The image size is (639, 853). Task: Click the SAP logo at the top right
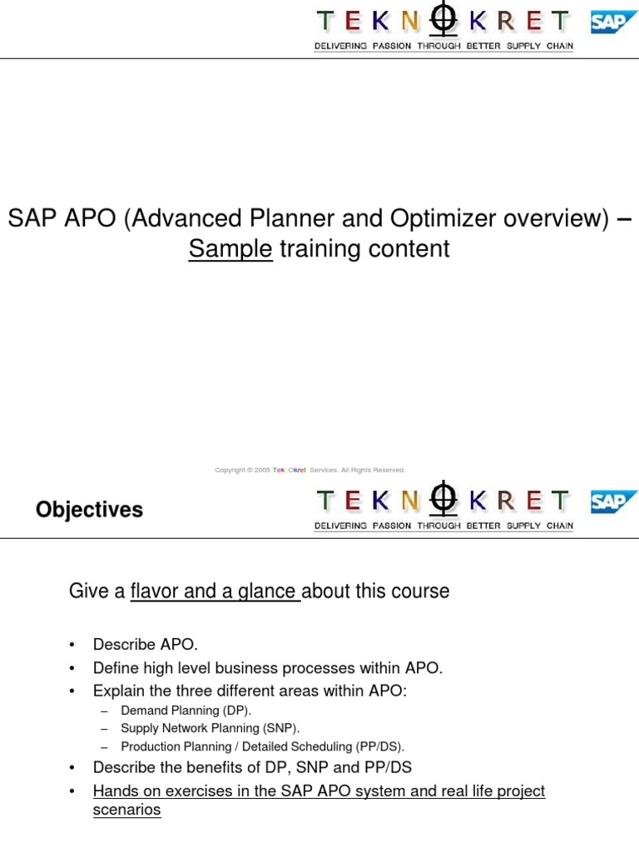614,22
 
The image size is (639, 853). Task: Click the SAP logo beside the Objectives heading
614,501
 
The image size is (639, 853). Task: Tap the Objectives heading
89,510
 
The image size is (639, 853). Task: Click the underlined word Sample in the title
230,249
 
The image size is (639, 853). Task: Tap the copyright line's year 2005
263,470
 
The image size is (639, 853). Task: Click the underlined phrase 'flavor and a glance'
215,591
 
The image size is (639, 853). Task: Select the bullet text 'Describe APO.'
146,645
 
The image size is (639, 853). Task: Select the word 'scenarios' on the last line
126,810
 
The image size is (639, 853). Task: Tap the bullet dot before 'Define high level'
72,668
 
